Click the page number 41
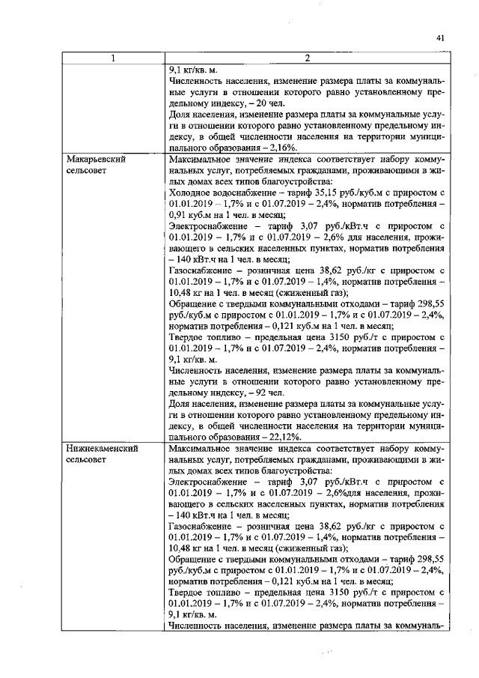440,37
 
